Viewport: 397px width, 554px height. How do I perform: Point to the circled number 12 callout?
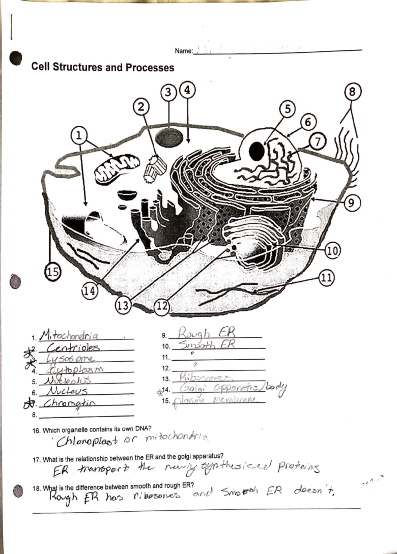tap(161, 306)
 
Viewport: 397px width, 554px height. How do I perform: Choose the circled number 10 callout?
tap(333, 251)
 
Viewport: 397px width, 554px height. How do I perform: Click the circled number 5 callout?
tap(288, 109)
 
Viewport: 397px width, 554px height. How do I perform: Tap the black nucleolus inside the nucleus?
tap(257, 151)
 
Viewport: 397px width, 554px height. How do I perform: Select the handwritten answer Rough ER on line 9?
tap(207, 332)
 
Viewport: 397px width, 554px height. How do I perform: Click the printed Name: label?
tap(184, 51)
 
